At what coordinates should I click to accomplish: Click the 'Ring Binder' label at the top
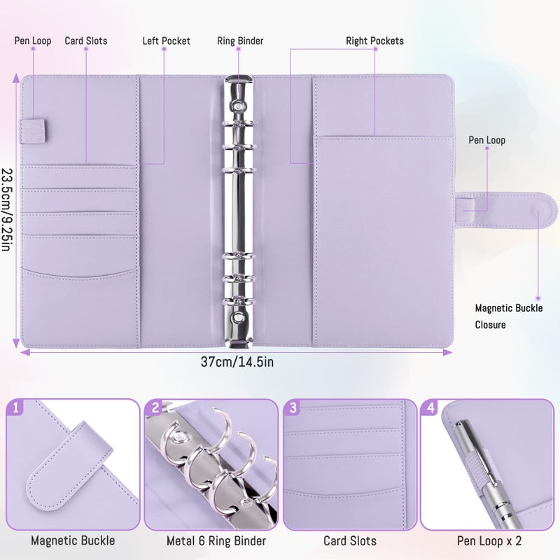point(240,41)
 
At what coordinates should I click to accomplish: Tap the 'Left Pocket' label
point(166,41)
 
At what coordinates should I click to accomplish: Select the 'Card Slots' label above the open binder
point(86,41)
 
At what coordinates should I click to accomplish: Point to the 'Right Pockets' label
point(374,41)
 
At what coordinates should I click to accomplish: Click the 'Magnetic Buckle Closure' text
point(509,316)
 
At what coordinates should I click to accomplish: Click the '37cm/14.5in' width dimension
point(237,362)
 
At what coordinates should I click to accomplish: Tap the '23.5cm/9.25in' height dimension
point(7,209)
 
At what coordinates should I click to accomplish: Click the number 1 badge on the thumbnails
point(15,407)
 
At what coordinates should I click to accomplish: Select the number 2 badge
point(155,407)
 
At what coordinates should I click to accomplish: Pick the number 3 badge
point(293,407)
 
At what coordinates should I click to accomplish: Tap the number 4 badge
point(430,407)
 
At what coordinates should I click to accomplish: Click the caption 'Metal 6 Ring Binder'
point(216,541)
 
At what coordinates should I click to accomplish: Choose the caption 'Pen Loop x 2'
point(489,541)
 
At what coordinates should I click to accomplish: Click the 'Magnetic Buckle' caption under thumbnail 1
point(73,540)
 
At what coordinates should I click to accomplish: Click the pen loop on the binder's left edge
point(32,132)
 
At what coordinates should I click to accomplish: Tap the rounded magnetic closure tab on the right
point(506,211)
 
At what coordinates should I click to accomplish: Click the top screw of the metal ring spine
point(238,106)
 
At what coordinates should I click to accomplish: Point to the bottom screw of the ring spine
point(237,316)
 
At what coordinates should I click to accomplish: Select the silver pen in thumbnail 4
point(487,475)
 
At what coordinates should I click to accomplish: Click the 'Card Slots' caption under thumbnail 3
point(350,541)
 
